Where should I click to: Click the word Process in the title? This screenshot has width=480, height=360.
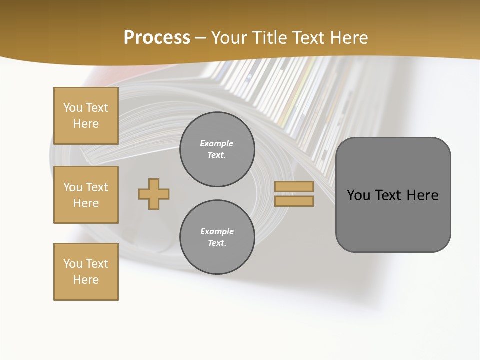coord(157,38)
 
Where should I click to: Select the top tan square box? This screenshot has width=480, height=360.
coord(86,116)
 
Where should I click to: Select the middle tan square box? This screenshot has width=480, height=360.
coord(86,195)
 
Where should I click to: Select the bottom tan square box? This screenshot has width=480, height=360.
coord(86,272)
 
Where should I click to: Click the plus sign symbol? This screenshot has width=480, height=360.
coord(154,194)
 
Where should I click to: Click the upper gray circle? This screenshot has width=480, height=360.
coord(217,149)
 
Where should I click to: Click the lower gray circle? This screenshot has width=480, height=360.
coord(217,237)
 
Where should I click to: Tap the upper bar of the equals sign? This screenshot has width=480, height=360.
coord(294,186)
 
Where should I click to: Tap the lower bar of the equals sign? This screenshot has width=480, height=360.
coord(294,201)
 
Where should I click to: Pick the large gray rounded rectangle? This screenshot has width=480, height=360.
coord(393,220)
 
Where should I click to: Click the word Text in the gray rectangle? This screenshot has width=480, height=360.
coord(388,195)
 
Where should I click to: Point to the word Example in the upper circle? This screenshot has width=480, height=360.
coord(217,143)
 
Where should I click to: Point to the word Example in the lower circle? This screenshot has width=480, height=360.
coord(217,231)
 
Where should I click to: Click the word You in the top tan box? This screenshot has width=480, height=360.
coord(73,108)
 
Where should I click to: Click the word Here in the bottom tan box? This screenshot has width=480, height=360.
coord(86,280)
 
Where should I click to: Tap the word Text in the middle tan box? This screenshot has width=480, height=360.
coord(97,187)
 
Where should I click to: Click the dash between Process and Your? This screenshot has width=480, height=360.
coord(201,38)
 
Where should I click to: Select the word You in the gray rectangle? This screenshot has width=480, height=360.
coord(358,195)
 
